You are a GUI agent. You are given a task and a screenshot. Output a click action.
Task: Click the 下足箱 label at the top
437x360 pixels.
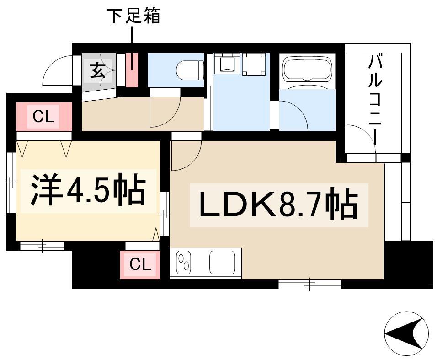click(x=133, y=16)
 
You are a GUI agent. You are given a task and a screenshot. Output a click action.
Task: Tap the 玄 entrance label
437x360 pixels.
click(x=97, y=71)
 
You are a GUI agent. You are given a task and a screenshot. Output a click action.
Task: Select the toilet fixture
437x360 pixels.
click(x=190, y=70)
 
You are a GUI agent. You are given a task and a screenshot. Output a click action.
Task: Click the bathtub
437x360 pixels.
click(x=307, y=70)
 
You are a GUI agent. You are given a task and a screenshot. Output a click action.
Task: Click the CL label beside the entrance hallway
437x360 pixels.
click(x=43, y=116)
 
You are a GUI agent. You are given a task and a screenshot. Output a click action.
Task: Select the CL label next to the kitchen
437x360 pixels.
click(x=140, y=263)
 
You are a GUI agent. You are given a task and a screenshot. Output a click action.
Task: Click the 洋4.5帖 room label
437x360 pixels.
click(x=88, y=190)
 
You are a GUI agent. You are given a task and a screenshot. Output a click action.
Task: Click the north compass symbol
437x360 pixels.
click(x=406, y=333)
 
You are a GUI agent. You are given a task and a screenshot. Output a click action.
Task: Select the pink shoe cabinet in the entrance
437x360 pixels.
click(x=132, y=70)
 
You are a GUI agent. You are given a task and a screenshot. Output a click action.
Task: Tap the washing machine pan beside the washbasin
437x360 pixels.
click(x=254, y=64)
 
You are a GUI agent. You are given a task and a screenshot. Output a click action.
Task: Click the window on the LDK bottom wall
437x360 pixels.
click(x=309, y=285)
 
